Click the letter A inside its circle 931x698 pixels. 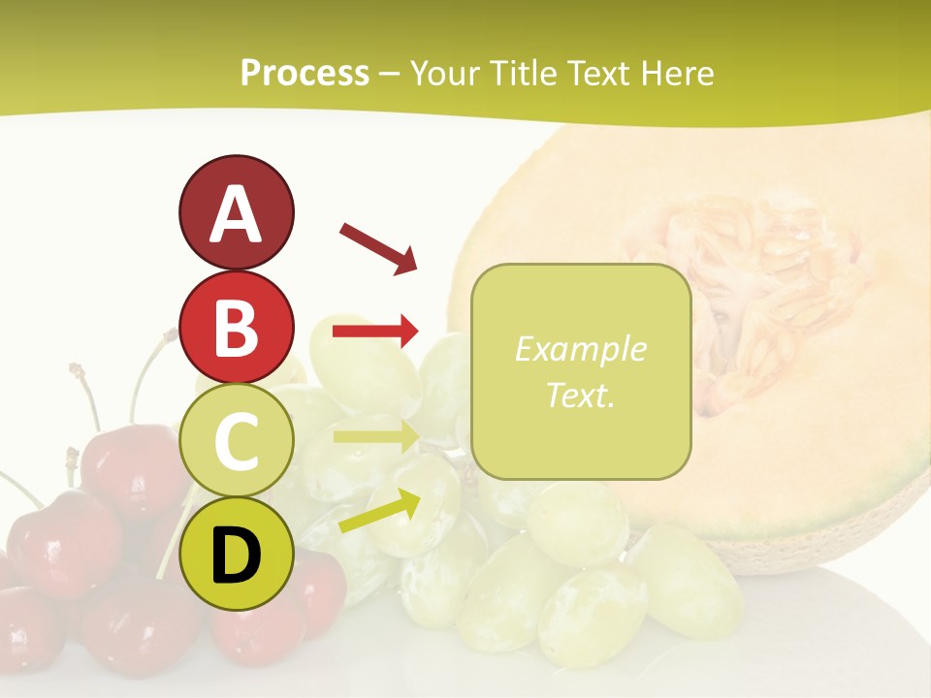pyautogui.click(x=236, y=214)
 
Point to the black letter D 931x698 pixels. pyautogui.click(x=236, y=555)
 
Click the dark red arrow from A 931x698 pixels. pyautogui.click(x=378, y=247)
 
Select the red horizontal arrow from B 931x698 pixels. pyautogui.click(x=375, y=332)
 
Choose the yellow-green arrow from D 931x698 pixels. pyautogui.click(x=379, y=512)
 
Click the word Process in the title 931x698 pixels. pyautogui.click(x=305, y=74)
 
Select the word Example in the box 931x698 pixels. pyautogui.click(x=581, y=349)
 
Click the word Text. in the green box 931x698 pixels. pyautogui.click(x=581, y=396)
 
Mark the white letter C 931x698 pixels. pyautogui.click(x=236, y=441)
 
